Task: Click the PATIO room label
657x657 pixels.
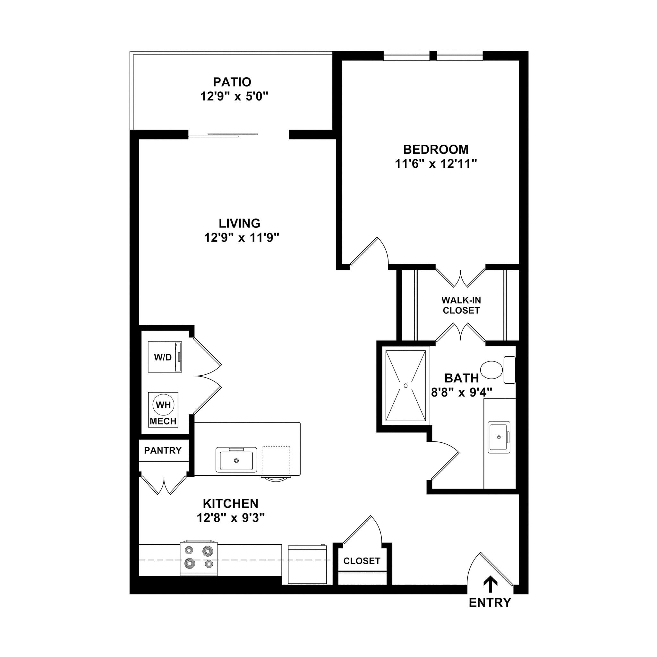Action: coord(232,82)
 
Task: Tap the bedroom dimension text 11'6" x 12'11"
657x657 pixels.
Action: coord(436,164)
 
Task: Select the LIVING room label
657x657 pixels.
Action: coord(239,223)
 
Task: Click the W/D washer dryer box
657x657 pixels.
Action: coord(165,357)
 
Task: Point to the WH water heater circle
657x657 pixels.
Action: coord(163,405)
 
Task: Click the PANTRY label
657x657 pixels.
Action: coord(163,451)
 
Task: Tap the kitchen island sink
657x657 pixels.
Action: coord(236,460)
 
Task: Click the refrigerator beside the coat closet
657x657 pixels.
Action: coord(307,565)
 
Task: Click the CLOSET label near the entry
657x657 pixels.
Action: coord(362,561)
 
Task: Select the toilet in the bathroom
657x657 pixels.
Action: coord(492,370)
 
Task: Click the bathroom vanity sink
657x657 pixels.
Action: coord(499,437)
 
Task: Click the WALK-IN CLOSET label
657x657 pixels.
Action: coord(461,305)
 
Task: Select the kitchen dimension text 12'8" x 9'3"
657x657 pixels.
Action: coord(231,518)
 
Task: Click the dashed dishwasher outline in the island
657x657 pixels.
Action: coord(276,461)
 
